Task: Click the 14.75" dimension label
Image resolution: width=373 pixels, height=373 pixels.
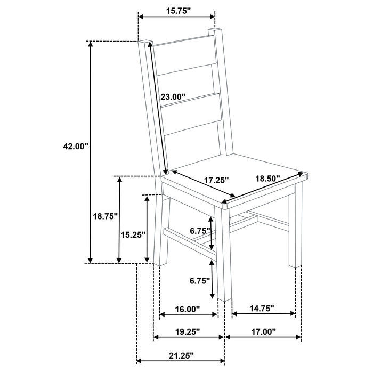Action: pos(261,308)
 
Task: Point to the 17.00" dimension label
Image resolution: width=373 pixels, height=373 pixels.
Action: pos(263,331)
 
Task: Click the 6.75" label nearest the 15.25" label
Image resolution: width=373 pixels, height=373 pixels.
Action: pos(200,231)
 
